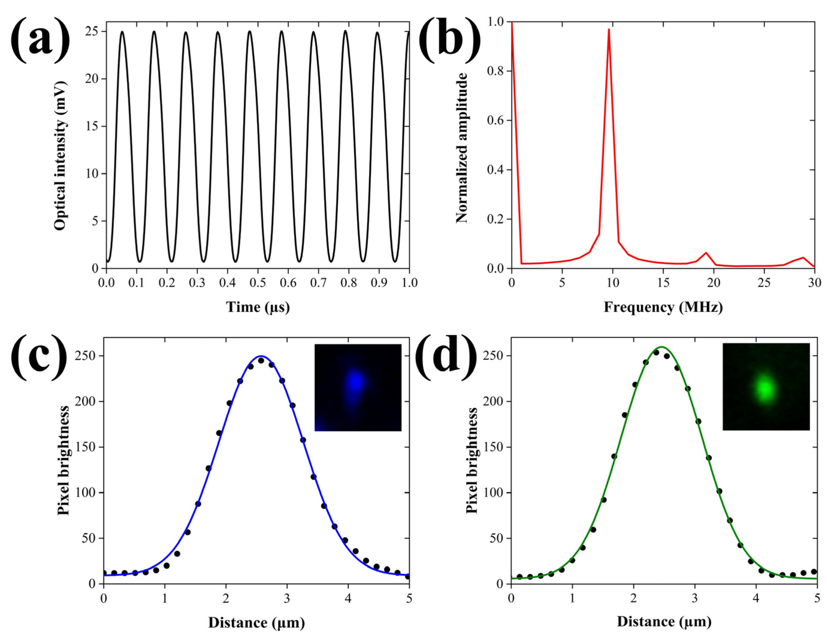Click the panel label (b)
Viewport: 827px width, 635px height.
pos(450,38)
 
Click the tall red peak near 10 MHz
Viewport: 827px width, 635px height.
pos(609,30)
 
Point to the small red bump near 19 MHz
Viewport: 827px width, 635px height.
pos(706,252)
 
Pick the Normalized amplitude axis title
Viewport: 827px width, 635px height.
pos(462,147)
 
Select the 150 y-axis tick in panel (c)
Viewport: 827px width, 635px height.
pos(86,447)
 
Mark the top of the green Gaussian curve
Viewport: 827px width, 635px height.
pos(661,347)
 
